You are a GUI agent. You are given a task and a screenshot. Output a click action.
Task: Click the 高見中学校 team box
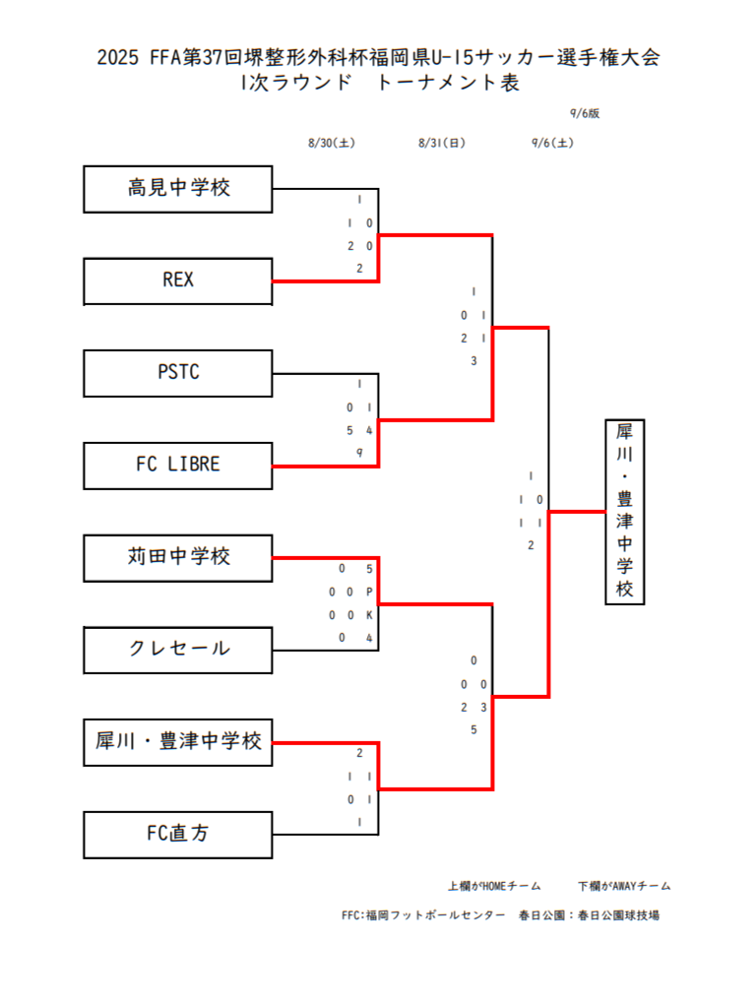pos(178,188)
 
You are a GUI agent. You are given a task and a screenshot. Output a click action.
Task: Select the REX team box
pos(178,281)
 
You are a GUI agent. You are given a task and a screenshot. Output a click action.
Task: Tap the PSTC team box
pos(178,373)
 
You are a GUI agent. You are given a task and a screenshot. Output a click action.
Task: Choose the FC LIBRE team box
pos(178,465)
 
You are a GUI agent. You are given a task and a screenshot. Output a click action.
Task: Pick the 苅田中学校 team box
pos(178,557)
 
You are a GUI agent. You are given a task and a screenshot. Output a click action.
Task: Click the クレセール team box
pos(178,649)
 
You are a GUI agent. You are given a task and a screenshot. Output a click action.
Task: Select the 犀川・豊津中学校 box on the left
pos(178,741)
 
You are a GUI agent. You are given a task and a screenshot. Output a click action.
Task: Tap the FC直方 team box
pos(178,834)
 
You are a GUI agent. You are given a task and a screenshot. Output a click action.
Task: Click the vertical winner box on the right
pos(625,511)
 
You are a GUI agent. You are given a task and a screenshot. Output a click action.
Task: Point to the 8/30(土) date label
pos(332,144)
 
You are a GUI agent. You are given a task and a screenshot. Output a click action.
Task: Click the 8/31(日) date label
pos(442,144)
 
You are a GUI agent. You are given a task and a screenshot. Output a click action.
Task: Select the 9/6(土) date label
pos(552,144)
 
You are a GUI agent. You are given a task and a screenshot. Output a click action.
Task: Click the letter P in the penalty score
pos(369,593)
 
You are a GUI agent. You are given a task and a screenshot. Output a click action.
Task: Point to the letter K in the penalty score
pos(369,615)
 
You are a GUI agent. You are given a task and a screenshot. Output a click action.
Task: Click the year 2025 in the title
pos(119,58)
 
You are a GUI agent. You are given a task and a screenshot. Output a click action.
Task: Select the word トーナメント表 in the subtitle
pos(448,84)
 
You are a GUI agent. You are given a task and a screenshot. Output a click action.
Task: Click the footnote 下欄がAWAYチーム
pos(625,886)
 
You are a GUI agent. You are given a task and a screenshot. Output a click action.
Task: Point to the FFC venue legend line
pos(500,915)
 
